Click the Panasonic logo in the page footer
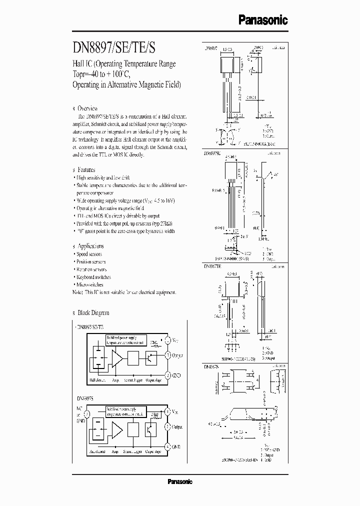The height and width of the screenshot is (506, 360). (x=179, y=482)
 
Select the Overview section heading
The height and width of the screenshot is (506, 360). (x=87, y=108)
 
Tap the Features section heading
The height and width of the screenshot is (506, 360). (x=86, y=170)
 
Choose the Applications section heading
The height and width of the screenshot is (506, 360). (x=90, y=246)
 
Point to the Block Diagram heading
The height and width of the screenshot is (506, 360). (x=93, y=313)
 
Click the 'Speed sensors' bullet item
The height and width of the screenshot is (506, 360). (x=89, y=254)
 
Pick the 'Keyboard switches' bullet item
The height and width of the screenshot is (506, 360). (x=93, y=277)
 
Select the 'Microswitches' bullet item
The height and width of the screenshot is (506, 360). (x=90, y=284)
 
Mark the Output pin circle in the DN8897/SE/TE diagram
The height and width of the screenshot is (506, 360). (x=168, y=356)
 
